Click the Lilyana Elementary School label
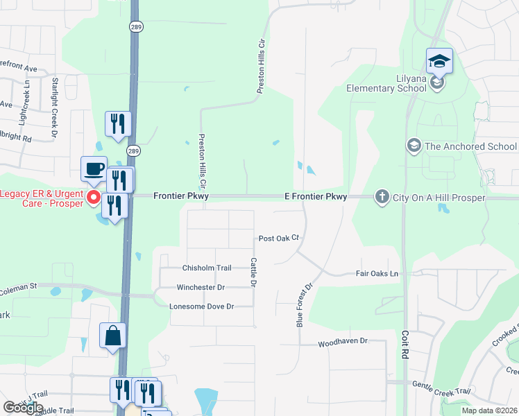[386, 83]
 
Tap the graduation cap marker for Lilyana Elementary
[439, 62]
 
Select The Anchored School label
[470, 146]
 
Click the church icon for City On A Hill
[381, 198]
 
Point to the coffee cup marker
[94, 168]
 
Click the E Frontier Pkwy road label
[316, 197]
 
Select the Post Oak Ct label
[278, 238]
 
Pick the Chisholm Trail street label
[206, 268]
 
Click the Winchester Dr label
[201, 287]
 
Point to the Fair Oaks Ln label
[377, 274]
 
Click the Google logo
[23, 408]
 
